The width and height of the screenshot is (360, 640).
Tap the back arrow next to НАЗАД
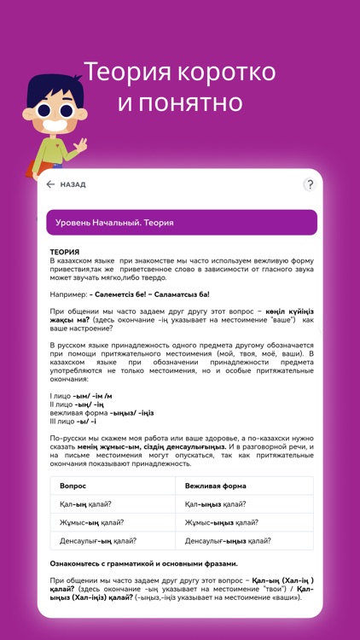click(50, 184)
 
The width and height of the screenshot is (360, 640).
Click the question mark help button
click(309, 184)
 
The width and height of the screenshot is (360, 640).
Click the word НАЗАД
click(73, 184)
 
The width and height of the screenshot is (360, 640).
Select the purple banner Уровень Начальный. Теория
click(180, 223)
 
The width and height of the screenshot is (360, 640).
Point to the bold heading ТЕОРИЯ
click(64, 253)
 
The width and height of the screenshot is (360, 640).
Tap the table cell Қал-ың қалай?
click(86, 503)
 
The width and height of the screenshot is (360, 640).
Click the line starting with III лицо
click(73, 421)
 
